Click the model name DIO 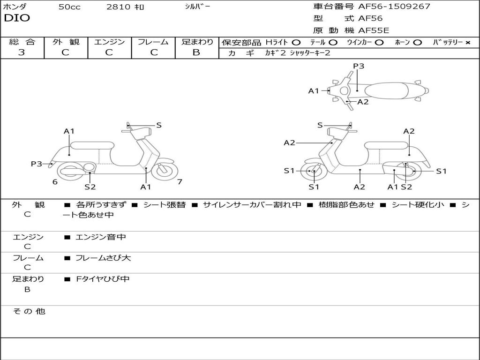coord(17,18)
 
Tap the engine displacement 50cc coord(69,7)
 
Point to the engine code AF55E coord(374,30)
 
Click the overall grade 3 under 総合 coord(22,52)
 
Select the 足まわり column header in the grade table coord(197,42)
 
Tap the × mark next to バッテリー coord(467,42)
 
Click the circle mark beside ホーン coord(417,42)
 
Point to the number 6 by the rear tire coord(55,182)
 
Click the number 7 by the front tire coord(180,182)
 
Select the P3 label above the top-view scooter coord(359,66)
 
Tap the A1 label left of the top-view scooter coord(314,91)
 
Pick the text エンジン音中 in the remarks coord(100,237)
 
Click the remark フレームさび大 coord(103,258)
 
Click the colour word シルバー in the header coord(197,7)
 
